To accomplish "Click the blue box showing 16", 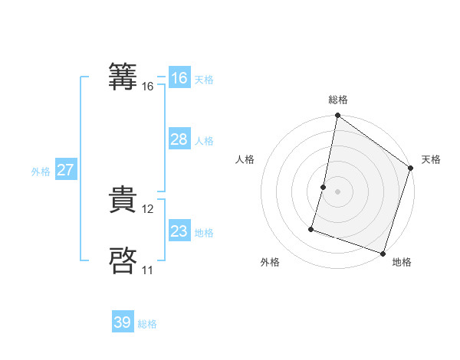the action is (179, 78).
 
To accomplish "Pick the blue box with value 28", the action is (179, 139).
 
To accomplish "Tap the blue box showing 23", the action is (179, 231).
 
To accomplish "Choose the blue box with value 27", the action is (65, 170).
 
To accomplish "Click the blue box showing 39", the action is (123, 322).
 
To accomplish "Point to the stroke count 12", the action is (148, 209).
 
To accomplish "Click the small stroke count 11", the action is (147, 270).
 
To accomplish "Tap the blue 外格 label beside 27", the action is (41, 172).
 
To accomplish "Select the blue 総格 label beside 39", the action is (147, 324).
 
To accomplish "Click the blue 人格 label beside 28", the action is (204, 141).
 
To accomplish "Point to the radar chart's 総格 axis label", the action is (338, 100).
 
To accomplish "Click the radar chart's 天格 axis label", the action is (431, 159).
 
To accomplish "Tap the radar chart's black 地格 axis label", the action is (402, 262).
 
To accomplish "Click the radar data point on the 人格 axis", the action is (324, 186).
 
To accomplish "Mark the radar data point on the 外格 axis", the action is (312, 228).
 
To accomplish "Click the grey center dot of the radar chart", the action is (338, 191).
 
